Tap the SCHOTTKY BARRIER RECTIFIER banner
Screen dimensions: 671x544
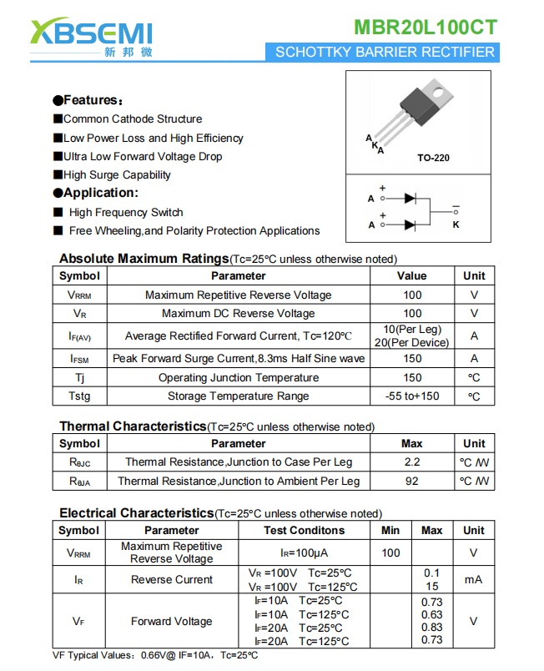(385, 52)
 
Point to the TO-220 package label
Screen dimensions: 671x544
(433, 158)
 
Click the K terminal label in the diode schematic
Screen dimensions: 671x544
(456, 225)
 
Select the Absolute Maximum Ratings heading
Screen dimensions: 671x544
(144, 259)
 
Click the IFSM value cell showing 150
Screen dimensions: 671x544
(412, 358)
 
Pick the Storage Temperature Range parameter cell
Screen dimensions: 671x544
(238, 396)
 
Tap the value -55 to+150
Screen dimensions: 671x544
(412, 396)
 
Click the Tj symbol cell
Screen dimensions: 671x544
(80, 377)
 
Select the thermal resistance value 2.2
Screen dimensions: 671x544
(412, 462)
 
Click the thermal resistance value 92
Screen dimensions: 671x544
(412, 481)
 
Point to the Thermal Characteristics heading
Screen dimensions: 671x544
(133, 426)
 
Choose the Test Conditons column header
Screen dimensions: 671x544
(304, 530)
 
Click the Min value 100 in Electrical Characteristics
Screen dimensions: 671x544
(390, 552)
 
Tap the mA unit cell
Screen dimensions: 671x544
(473, 579)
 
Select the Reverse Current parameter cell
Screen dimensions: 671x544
(172, 579)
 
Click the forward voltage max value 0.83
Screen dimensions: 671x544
(431, 628)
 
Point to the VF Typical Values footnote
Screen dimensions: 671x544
(155, 655)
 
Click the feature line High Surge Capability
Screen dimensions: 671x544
(117, 174)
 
